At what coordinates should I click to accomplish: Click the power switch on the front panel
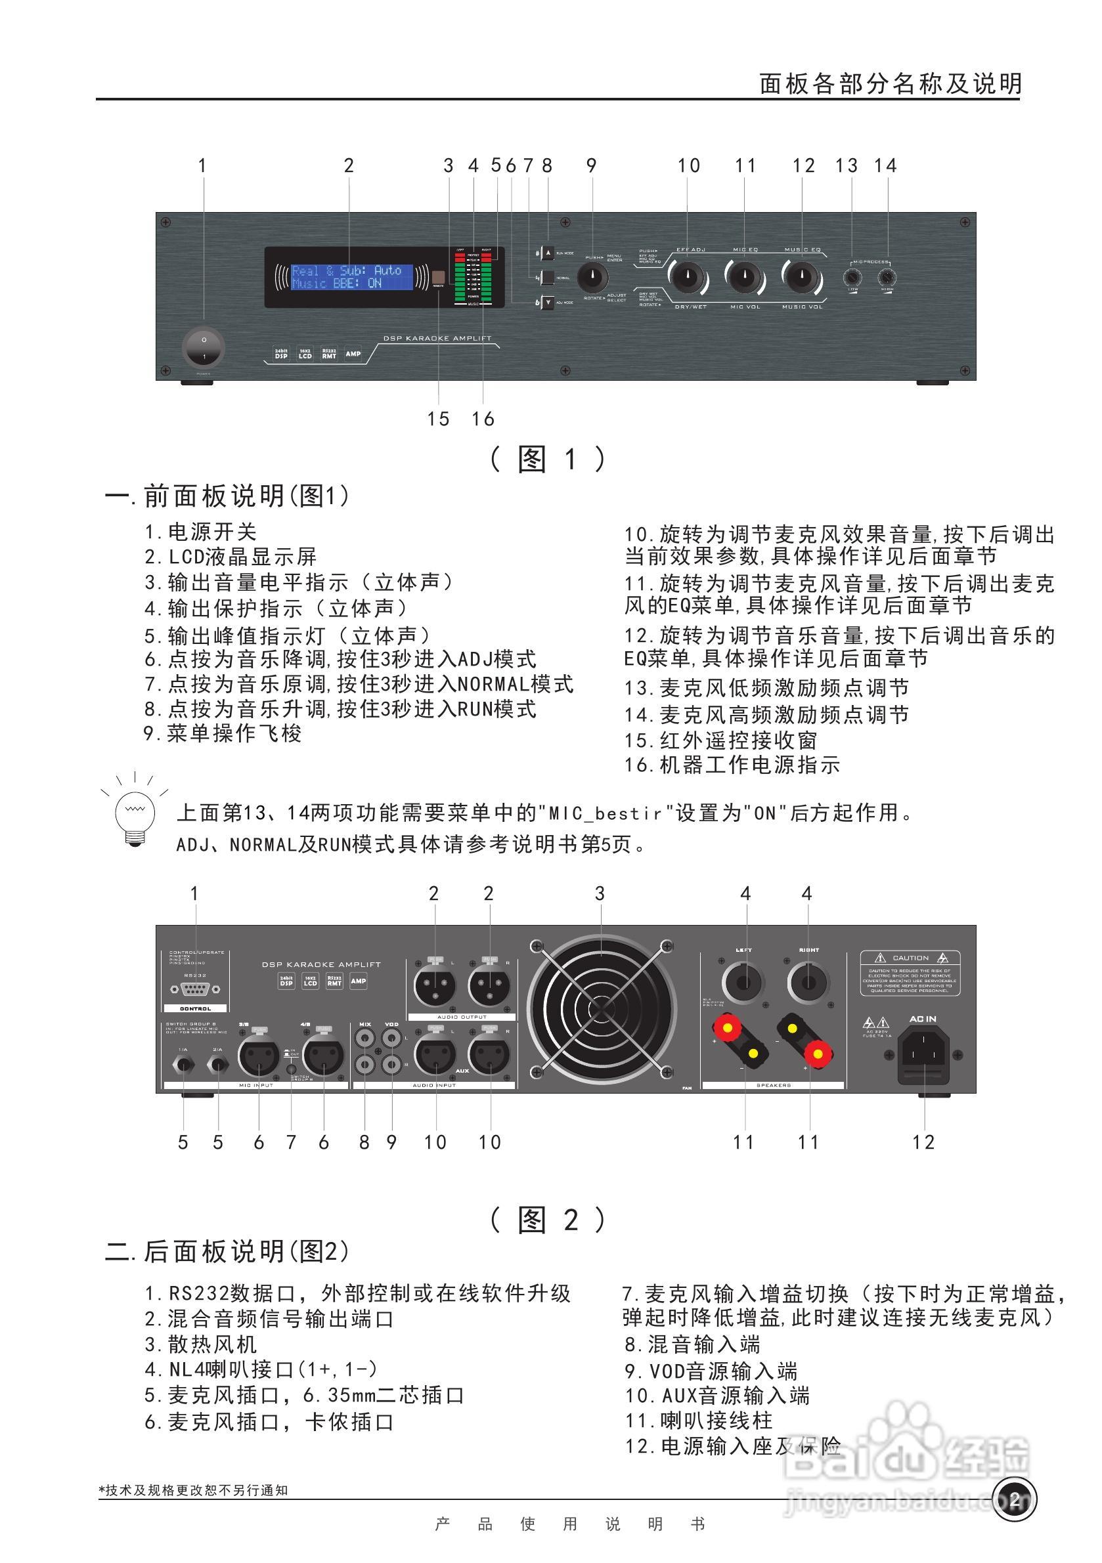(204, 348)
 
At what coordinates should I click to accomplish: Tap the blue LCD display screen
(351, 276)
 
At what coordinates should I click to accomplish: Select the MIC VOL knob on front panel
(745, 278)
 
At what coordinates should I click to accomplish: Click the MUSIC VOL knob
(803, 278)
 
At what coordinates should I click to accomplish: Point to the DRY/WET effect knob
(688, 278)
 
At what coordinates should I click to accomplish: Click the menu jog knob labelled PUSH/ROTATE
(592, 277)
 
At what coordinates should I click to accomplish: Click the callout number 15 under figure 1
(439, 419)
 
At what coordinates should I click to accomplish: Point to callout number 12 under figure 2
(923, 1142)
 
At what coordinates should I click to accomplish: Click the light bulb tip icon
(135, 813)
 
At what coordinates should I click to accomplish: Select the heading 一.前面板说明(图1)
(227, 496)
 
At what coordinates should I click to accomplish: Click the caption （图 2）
(548, 1220)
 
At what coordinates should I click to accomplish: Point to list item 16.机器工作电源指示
(732, 765)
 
